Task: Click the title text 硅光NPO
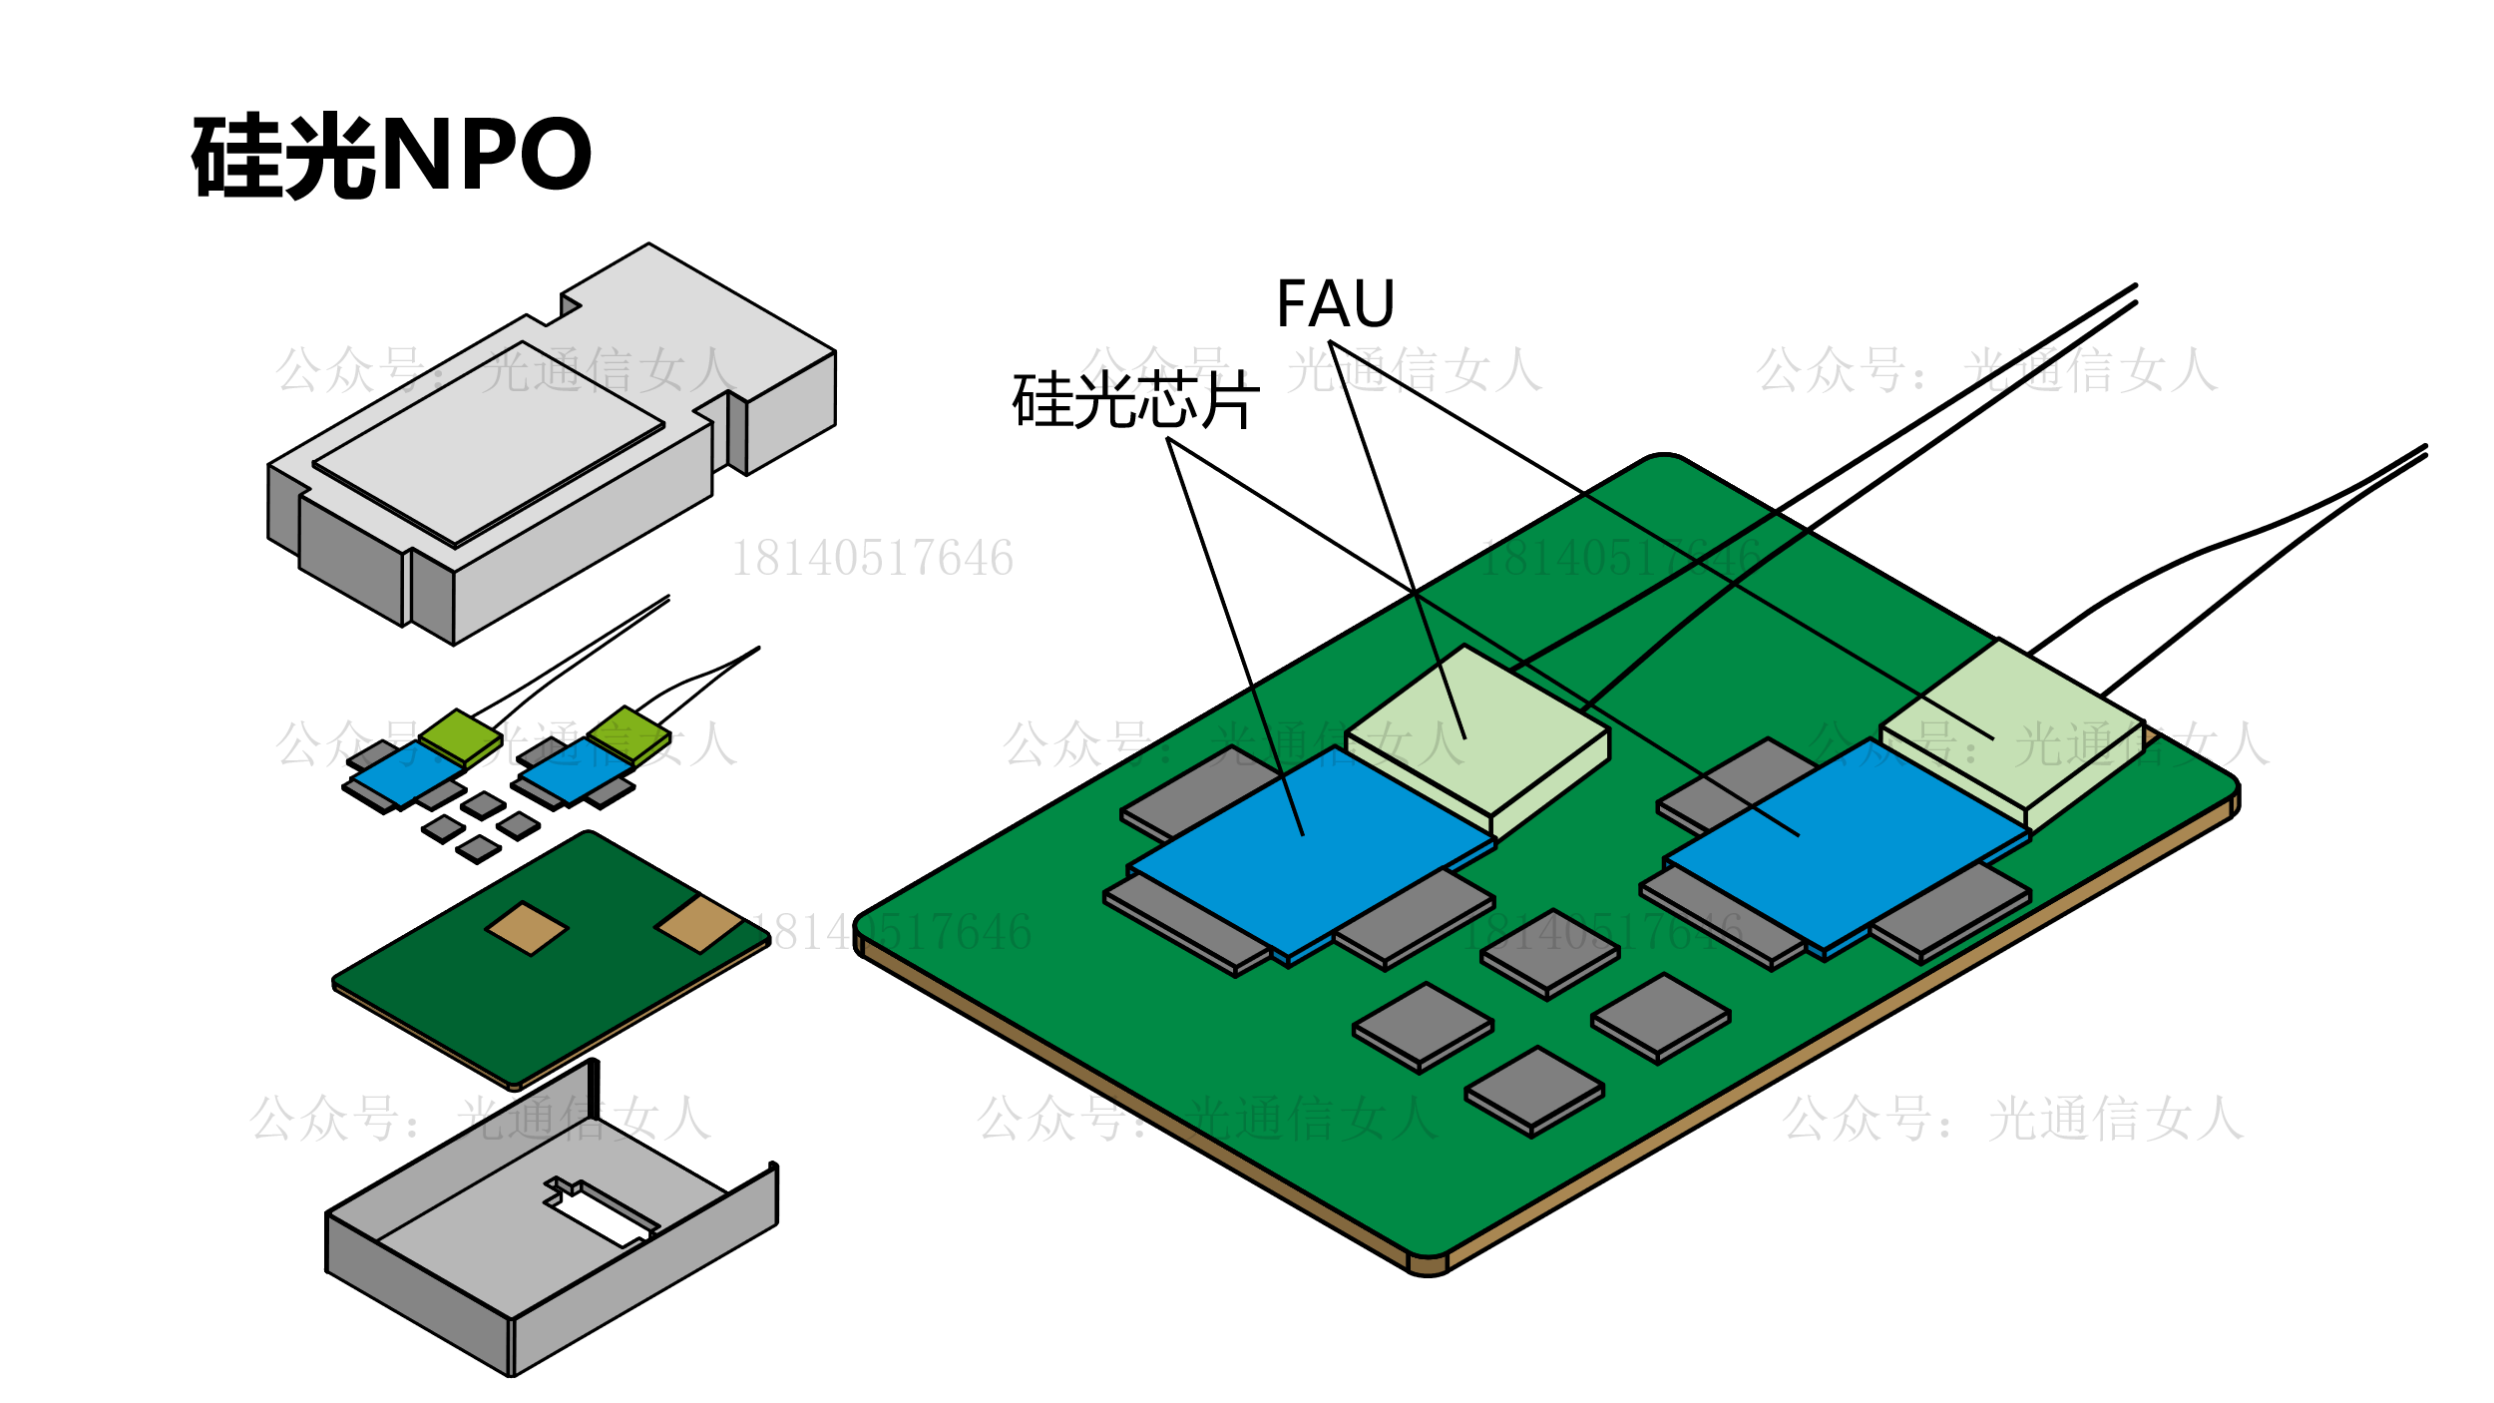pyautogui.click(x=392, y=156)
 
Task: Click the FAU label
pyautogui.click(x=1335, y=304)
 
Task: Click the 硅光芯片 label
pyautogui.click(x=1135, y=401)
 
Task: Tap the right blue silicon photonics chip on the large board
pyautogui.click(x=1846, y=843)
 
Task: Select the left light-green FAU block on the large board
pyautogui.click(x=1476, y=728)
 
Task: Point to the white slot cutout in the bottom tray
pyautogui.click(x=599, y=1217)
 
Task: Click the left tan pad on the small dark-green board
pyautogui.click(x=527, y=928)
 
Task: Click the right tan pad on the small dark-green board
pyautogui.click(x=699, y=923)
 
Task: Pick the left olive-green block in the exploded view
pyautogui.click(x=460, y=736)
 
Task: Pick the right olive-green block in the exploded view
pyautogui.click(x=628, y=733)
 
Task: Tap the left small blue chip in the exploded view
pyautogui.click(x=404, y=772)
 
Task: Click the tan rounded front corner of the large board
pyautogui.click(x=1428, y=1265)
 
